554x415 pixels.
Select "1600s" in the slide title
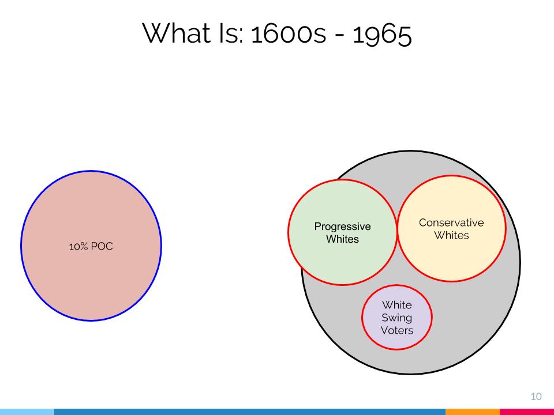tap(289, 34)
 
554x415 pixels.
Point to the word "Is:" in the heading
tap(231, 33)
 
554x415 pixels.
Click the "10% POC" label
tap(91, 246)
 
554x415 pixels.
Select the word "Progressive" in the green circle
tap(342, 227)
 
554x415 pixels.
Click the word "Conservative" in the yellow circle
tap(451, 222)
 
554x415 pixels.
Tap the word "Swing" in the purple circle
tap(396, 318)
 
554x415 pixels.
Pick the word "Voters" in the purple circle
tap(397, 330)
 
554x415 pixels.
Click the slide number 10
tap(536, 397)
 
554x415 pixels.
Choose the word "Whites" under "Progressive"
tap(342, 239)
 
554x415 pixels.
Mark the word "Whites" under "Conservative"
tap(451, 235)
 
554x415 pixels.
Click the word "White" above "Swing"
tap(397, 305)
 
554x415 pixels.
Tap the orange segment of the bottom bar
tap(473, 412)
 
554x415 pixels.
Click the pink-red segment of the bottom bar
tap(527, 412)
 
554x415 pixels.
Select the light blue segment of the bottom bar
tap(27, 412)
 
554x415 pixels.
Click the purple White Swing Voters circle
tap(397, 317)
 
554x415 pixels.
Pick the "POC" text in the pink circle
tap(102, 246)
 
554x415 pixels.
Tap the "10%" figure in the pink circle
tap(78, 246)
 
